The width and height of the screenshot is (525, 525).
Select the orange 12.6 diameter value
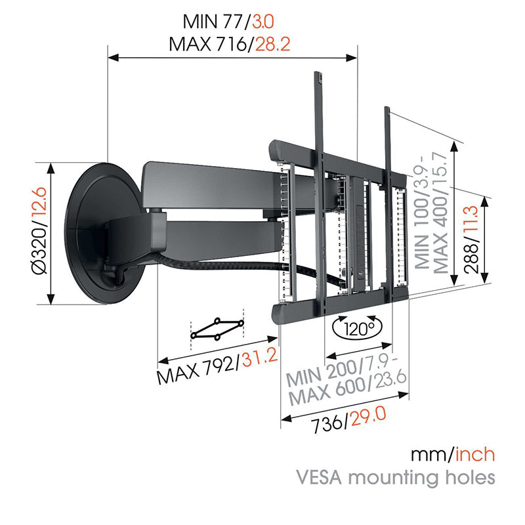tap(39, 211)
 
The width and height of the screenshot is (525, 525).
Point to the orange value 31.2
tap(258, 359)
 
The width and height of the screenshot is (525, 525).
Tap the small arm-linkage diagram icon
tap(217, 329)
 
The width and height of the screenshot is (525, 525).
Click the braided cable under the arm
tap(217, 265)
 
